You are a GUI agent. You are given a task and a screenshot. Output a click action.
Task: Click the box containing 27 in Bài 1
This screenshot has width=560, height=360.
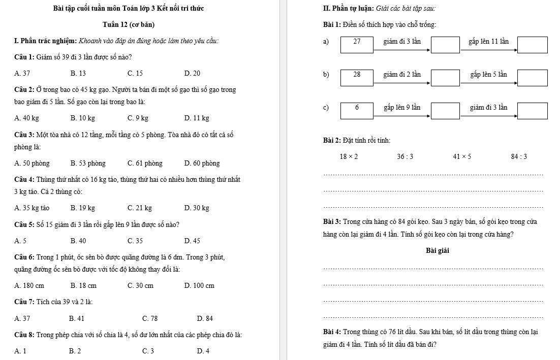[357, 44]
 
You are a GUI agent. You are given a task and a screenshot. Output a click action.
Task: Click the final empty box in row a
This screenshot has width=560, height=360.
[533, 45]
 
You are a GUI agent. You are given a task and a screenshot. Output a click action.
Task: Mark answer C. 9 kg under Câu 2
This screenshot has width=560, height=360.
[138, 118]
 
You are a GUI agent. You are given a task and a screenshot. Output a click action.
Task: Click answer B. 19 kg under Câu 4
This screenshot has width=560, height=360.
[83, 208]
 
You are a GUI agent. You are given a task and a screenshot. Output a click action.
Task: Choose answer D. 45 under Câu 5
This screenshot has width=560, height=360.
[193, 241]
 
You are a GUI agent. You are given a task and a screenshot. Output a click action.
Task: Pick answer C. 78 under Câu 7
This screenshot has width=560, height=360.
[150, 319]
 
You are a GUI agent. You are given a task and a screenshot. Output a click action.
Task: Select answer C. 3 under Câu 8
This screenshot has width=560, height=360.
[148, 351]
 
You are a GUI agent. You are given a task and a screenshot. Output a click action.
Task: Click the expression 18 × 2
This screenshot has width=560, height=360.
[349, 156]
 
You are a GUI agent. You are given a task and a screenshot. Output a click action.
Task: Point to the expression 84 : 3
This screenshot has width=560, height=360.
[519, 156]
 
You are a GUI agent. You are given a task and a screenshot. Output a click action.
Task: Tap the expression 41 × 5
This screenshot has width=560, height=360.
[462, 156]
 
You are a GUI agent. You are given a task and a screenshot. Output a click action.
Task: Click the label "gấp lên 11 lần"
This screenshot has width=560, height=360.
[488, 41]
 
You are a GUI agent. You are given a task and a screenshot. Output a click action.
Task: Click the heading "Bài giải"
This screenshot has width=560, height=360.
[438, 251]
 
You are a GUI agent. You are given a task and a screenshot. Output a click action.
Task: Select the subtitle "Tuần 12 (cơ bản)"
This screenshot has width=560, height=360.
[129, 25]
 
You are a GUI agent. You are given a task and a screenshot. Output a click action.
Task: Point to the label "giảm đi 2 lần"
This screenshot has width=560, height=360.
[402, 75]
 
